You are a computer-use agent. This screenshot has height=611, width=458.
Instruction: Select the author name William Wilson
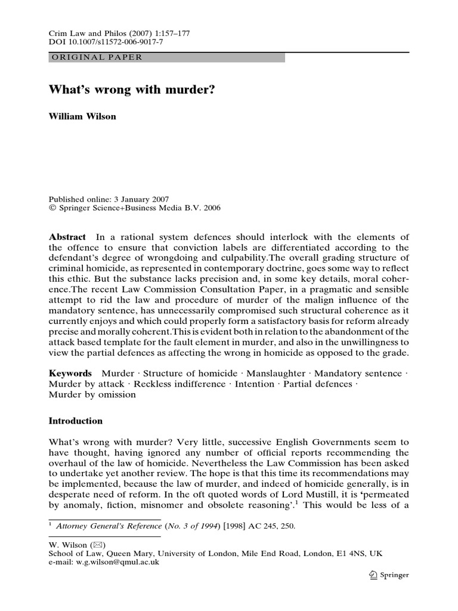[x=82, y=116]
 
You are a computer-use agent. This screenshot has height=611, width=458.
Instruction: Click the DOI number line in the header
[x=105, y=42]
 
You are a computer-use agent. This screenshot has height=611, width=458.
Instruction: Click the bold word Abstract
[x=67, y=237]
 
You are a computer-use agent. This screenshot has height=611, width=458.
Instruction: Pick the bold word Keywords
[x=70, y=373]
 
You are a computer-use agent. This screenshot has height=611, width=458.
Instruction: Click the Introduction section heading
[x=75, y=421]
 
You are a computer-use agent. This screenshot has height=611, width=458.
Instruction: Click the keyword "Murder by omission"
[x=92, y=394]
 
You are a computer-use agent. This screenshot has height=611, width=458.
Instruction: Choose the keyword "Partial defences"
[x=317, y=384]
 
